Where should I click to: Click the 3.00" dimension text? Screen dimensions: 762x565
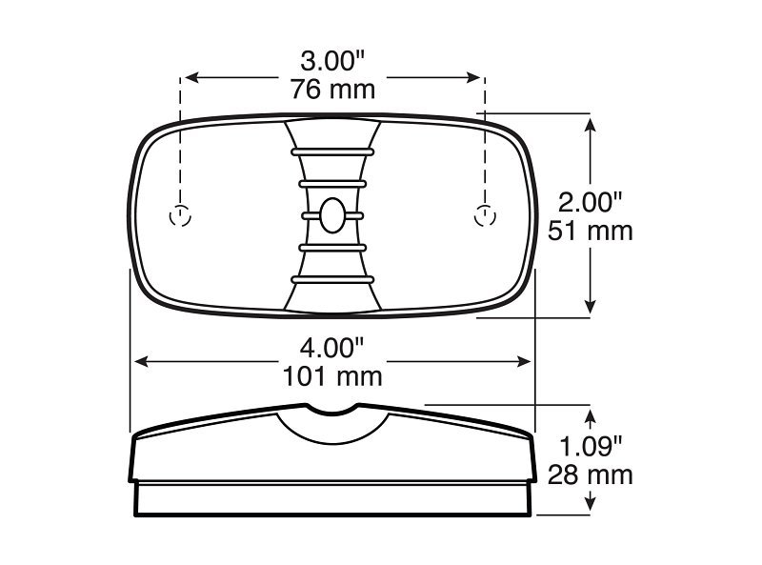(x=332, y=62)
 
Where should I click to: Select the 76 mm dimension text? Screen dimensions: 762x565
(x=332, y=90)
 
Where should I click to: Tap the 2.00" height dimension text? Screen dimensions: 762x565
(x=590, y=202)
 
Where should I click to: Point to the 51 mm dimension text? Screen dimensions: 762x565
(x=591, y=231)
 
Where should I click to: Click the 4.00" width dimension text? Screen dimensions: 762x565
(x=331, y=348)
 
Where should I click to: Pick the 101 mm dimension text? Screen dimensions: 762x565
(x=332, y=376)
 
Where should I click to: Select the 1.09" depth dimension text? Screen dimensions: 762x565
(x=591, y=446)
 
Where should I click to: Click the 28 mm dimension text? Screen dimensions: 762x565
(x=591, y=474)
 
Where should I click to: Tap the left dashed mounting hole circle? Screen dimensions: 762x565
(x=180, y=216)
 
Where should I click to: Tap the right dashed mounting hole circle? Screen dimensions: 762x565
(x=485, y=216)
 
